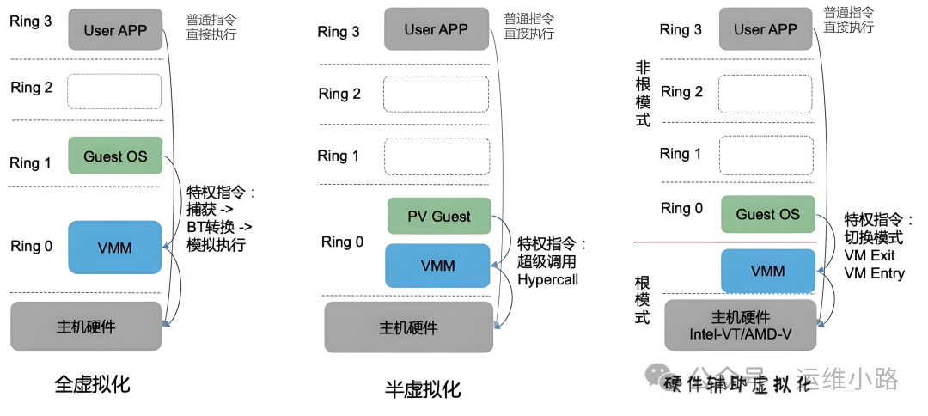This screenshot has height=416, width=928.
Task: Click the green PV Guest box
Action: (439, 217)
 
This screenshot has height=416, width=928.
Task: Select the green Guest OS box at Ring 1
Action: (115, 156)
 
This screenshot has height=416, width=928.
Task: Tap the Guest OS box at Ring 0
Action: (767, 215)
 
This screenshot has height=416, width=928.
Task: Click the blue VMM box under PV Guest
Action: (437, 266)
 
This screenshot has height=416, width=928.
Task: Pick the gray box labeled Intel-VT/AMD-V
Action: (740, 324)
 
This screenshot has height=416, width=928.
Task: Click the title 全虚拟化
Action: (92, 383)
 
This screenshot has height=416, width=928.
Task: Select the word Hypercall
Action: (547, 280)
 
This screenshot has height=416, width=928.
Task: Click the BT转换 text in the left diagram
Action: (216, 227)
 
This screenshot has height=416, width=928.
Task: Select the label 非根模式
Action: (643, 94)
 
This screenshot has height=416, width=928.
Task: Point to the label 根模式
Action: (643, 299)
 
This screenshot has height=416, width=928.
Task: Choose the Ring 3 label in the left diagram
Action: (31, 21)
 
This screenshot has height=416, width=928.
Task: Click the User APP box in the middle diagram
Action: (437, 29)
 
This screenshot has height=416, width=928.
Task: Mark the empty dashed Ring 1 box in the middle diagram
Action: (437, 156)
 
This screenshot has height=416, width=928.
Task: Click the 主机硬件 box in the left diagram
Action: (86, 326)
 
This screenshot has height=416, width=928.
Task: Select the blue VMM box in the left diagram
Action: (115, 248)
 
